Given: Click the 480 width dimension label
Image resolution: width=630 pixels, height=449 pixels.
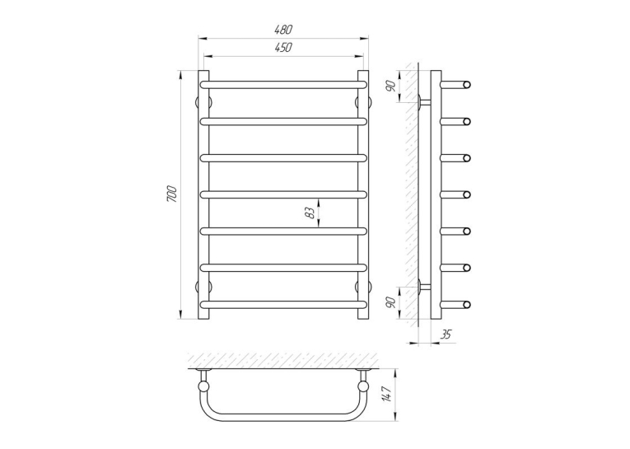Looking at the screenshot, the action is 283,30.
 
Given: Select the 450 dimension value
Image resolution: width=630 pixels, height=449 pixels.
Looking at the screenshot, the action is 283,48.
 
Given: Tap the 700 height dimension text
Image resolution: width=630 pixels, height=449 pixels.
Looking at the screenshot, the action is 172,194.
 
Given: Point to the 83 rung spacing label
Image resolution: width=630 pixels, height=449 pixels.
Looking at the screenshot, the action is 310,213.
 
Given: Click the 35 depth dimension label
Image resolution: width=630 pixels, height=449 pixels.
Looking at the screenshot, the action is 446,334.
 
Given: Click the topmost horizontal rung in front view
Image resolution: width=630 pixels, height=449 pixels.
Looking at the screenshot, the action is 283,85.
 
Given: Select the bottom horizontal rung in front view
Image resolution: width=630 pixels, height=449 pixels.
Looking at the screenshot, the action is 283,304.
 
